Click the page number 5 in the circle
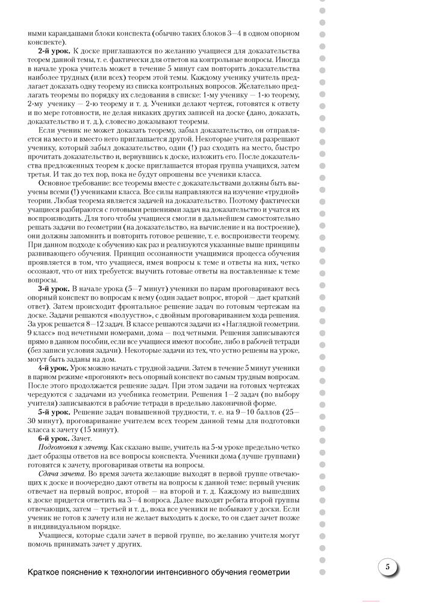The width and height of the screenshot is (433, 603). pos(388,567)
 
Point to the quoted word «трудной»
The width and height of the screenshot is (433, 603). pos(282,191)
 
